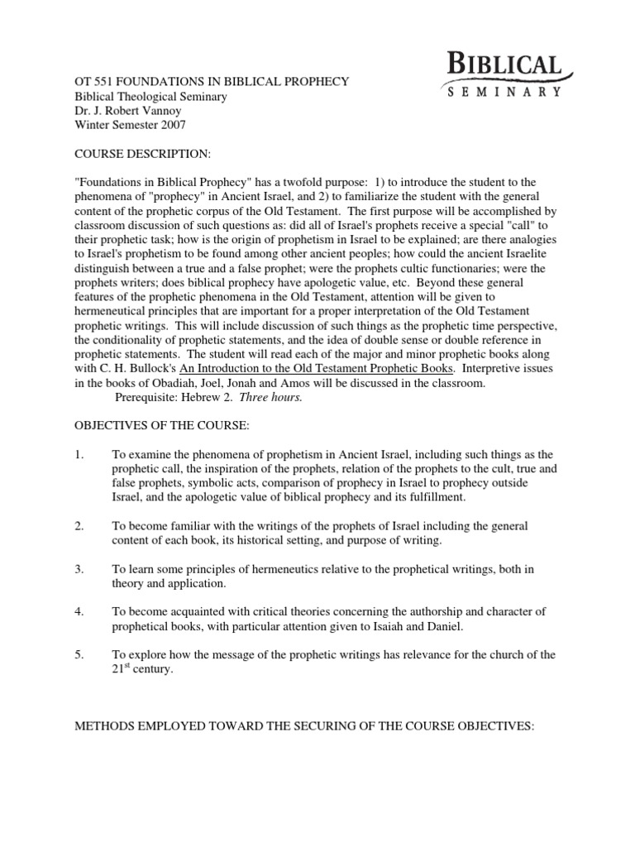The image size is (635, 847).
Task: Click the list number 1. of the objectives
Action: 79,455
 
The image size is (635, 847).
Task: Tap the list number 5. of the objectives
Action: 79,655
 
